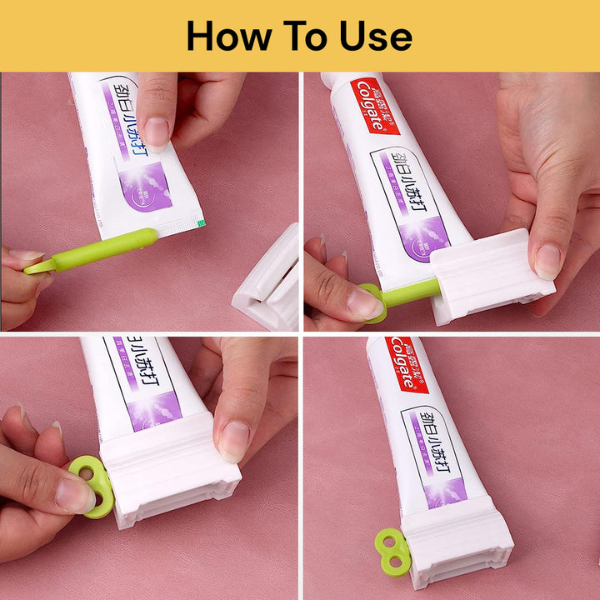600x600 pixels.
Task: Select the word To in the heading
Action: [308, 37]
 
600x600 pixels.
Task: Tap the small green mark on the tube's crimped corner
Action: [199, 222]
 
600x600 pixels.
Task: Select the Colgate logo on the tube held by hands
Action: [372, 106]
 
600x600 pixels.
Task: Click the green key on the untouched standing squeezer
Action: [392, 552]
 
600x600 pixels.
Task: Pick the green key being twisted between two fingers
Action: [92, 483]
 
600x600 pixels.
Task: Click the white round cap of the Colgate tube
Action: [342, 80]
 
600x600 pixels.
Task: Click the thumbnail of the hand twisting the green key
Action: [74, 495]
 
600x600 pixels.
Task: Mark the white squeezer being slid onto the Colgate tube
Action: [492, 275]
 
